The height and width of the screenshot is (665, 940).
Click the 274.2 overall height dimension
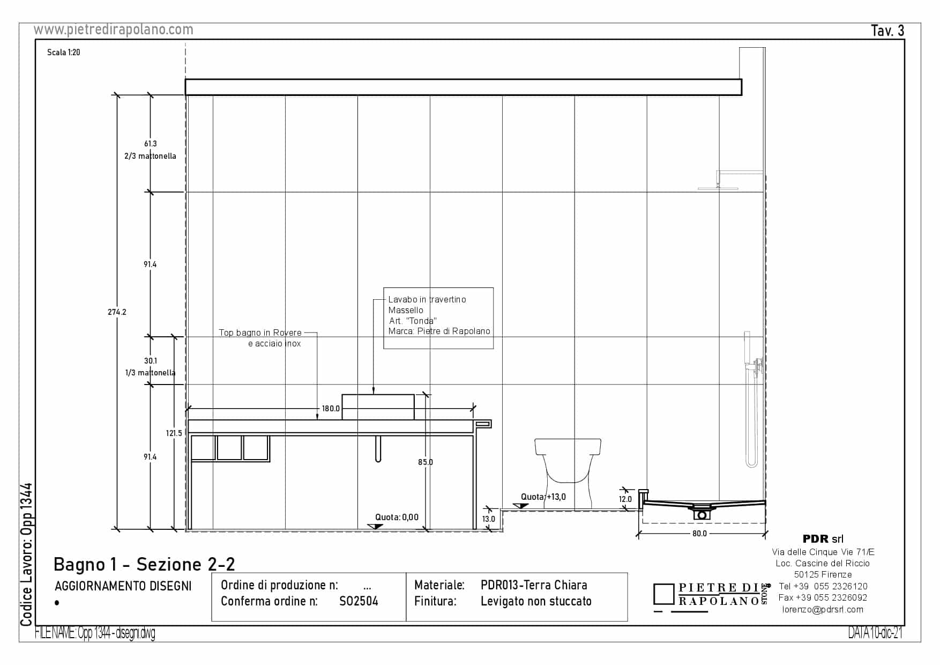click(117, 312)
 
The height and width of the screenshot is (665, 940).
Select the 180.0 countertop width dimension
click(331, 409)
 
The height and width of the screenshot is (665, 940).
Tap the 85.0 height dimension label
click(426, 462)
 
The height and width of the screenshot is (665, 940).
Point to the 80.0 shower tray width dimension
click(699, 534)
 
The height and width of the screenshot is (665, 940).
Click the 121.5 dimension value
click(174, 433)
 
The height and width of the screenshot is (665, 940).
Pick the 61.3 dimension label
click(151, 144)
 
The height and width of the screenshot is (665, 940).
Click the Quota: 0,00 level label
click(397, 518)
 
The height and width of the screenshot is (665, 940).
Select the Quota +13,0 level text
click(543, 497)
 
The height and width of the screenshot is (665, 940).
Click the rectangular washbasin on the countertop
click(378, 407)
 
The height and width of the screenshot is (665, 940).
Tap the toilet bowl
click(568, 467)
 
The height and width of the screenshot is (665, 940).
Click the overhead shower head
click(718, 188)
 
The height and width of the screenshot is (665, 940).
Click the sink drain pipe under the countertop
click(378, 448)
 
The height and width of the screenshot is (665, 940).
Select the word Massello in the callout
click(406, 311)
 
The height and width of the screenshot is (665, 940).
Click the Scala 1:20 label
click(64, 53)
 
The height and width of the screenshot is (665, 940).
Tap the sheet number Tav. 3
click(887, 31)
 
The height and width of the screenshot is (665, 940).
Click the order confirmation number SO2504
click(359, 602)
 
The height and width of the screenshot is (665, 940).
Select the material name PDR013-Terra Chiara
click(534, 585)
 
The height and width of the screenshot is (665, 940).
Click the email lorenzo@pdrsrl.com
click(823, 610)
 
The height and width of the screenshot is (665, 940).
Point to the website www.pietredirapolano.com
click(114, 30)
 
